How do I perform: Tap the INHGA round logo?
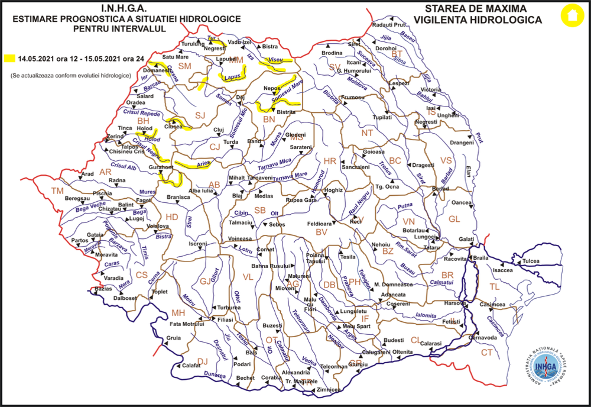[x=544, y=366]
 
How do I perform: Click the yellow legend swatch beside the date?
[x=9, y=59]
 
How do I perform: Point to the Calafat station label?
[x=191, y=366]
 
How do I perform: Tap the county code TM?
[x=57, y=190]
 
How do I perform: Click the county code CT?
[x=486, y=353]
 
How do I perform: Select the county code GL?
[x=454, y=219]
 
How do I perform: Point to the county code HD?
[x=171, y=217]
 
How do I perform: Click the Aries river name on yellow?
[x=204, y=164]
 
